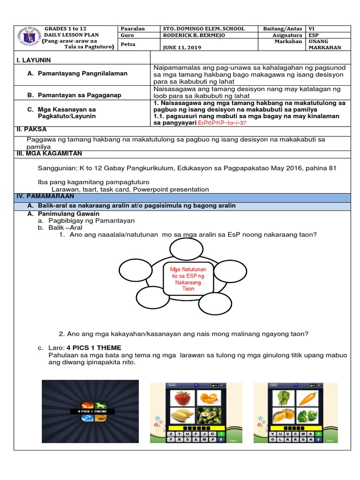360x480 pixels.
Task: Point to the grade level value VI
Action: point(311,29)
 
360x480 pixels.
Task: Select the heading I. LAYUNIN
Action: point(34,60)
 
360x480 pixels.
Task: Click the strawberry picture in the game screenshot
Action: point(182,398)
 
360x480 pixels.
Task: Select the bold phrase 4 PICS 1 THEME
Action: point(94,348)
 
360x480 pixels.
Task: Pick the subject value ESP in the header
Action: point(313,35)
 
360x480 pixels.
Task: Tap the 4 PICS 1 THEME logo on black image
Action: point(90,411)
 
